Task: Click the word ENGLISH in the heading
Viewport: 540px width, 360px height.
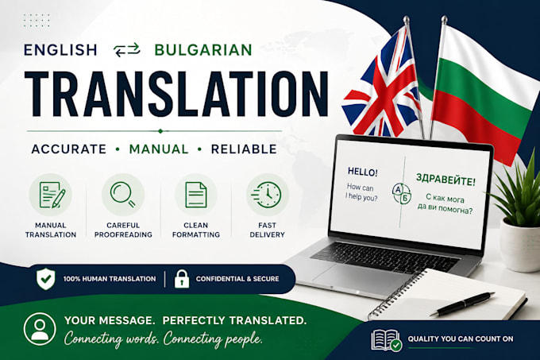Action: pyautogui.click(x=60, y=50)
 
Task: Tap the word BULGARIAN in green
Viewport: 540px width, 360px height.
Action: pyautogui.click(x=203, y=50)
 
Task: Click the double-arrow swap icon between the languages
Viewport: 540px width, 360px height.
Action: pyautogui.click(x=127, y=50)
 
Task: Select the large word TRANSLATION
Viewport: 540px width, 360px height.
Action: pyautogui.click(x=176, y=94)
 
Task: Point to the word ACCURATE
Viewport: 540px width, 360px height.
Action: pyautogui.click(x=69, y=149)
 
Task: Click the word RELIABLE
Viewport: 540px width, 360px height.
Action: pyautogui.click(x=244, y=149)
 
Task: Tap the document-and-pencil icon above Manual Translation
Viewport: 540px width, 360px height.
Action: pyautogui.click(x=52, y=195)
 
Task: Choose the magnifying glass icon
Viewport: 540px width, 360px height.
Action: pyautogui.click(x=123, y=195)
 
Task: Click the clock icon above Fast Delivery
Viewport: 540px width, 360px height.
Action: pyautogui.click(x=267, y=195)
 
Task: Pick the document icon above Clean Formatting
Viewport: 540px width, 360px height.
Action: pyautogui.click(x=196, y=195)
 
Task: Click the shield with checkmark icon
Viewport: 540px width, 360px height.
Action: pyautogui.click(x=46, y=279)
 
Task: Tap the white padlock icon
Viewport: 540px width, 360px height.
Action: pyautogui.click(x=182, y=279)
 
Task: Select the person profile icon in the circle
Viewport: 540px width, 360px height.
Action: pyautogui.click(x=40, y=329)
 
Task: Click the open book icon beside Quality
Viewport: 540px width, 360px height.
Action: pyautogui.click(x=387, y=340)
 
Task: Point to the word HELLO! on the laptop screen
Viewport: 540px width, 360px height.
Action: pyautogui.click(x=363, y=172)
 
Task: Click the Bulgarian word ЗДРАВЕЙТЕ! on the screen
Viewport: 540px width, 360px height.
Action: pyautogui.click(x=445, y=180)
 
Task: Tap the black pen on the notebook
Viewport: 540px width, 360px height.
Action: pyautogui.click(x=462, y=304)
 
